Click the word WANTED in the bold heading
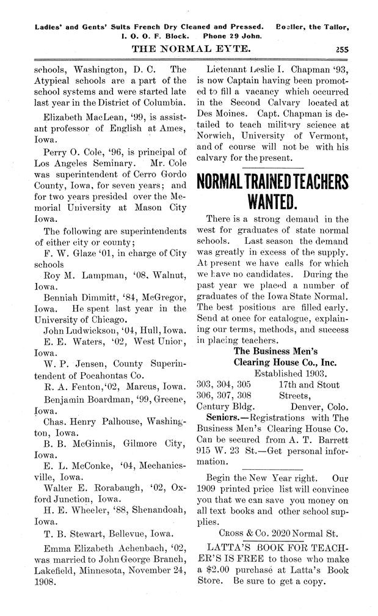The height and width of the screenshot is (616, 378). [x=272, y=201]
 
